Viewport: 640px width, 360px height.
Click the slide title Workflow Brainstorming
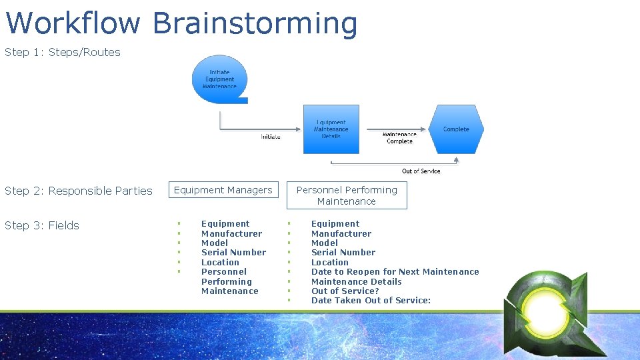(x=181, y=23)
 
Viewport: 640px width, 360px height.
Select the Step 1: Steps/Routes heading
(x=63, y=52)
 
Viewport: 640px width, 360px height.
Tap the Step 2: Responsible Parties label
(x=79, y=191)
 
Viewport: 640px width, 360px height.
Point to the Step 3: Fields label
(x=42, y=225)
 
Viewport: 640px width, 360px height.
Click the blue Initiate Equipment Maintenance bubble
(x=219, y=79)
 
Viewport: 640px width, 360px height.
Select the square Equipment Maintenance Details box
(x=331, y=129)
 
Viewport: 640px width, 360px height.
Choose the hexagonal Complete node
(x=456, y=129)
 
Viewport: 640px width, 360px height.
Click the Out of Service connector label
(x=421, y=171)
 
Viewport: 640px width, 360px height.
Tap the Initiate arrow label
(x=270, y=137)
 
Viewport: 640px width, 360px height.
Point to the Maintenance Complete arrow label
(x=399, y=138)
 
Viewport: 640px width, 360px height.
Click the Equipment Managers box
(x=223, y=190)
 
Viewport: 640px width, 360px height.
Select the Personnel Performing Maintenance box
(x=347, y=195)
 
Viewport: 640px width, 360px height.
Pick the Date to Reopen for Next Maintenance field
(x=395, y=271)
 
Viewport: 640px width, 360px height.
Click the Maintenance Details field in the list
(x=356, y=281)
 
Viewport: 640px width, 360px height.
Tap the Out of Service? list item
(x=345, y=291)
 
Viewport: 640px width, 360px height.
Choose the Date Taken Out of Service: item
(x=371, y=300)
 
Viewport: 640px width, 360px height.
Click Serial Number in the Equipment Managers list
(x=233, y=252)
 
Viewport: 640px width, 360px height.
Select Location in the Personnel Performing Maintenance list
(x=329, y=262)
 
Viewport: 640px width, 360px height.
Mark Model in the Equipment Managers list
(x=215, y=243)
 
